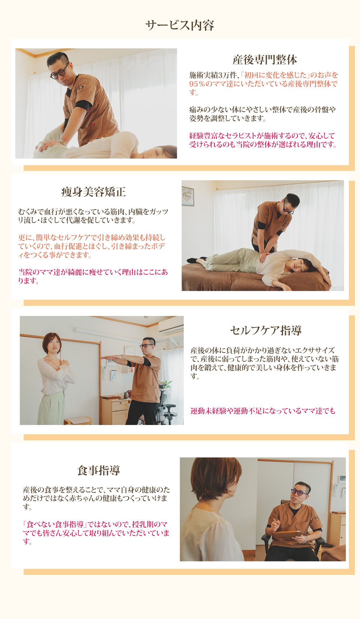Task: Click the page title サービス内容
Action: pos(180,26)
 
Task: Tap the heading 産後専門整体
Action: pos(265,60)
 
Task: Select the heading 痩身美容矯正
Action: pos(93,192)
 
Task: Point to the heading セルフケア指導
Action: pos(266,330)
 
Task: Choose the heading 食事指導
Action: pos(99,470)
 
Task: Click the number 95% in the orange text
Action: pos(197,84)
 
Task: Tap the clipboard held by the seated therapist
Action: pos(287,534)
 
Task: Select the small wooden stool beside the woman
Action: pos(78,420)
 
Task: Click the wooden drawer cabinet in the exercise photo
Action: pos(115,411)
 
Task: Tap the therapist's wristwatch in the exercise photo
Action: pos(123,357)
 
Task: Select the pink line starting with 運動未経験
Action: pos(263,411)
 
